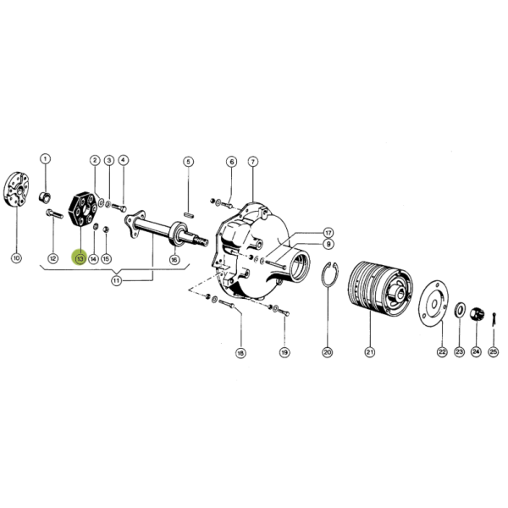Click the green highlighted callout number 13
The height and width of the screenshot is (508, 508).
pyautogui.click(x=80, y=258)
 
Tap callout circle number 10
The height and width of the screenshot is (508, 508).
pyautogui.click(x=16, y=258)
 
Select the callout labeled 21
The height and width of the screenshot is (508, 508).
pyautogui.click(x=370, y=352)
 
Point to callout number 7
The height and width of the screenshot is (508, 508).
pyautogui.click(x=252, y=162)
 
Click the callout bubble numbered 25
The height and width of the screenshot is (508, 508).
pyautogui.click(x=493, y=352)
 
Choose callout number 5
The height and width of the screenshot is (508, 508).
pyautogui.click(x=189, y=162)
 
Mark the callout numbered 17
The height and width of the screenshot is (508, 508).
pyautogui.click(x=329, y=233)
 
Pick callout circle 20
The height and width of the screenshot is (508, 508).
pyautogui.click(x=327, y=352)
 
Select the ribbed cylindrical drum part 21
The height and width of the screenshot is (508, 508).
pyautogui.click(x=379, y=288)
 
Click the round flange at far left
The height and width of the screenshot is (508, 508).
pyautogui.click(x=17, y=190)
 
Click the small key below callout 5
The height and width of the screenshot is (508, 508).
pyautogui.click(x=189, y=214)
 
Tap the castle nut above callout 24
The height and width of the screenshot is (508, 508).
pyautogui.click(x=477, y=314)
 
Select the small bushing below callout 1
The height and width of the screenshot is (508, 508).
pyautogui.click(x=45, y=197)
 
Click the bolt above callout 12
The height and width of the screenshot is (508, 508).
pyautogui.click(x=54, y=214)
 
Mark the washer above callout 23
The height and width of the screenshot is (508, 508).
pyautogui.click(x=460, y=310)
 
